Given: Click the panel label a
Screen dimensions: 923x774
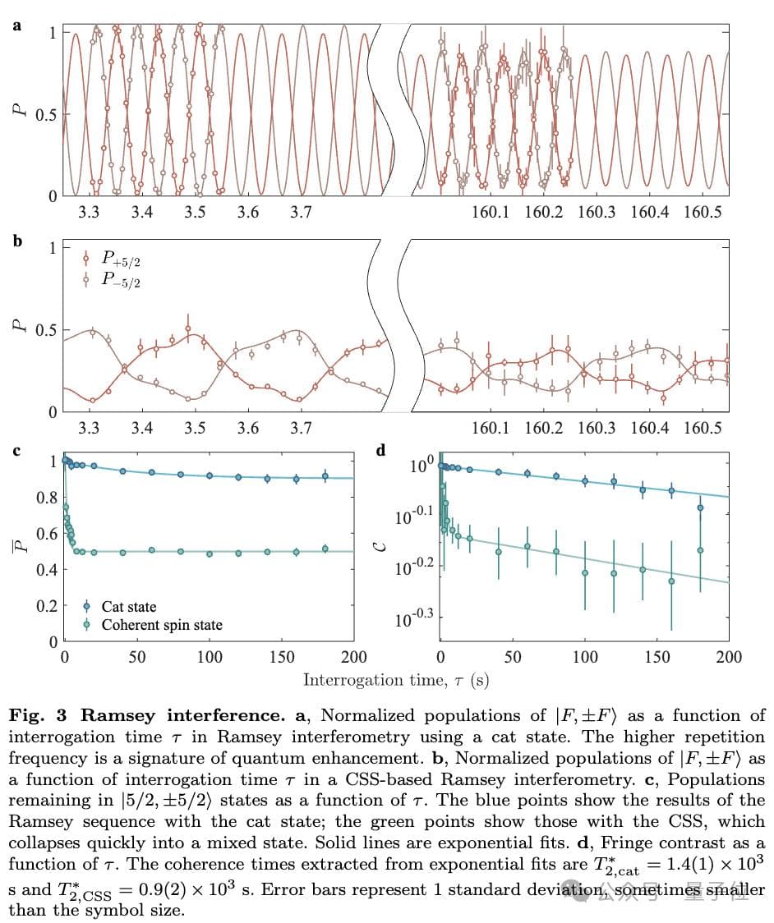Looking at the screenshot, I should [x=17, y=25].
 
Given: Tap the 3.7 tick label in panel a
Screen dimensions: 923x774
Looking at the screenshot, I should [x=301, y=213].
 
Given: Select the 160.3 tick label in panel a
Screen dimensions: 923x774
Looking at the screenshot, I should [x=597, y=213].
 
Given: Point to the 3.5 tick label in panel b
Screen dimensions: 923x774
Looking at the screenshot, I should [x=195, y=428].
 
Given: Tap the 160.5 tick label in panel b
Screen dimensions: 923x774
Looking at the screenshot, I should [x=703, y=428].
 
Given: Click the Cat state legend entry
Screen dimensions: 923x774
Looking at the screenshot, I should [x=129, y=607].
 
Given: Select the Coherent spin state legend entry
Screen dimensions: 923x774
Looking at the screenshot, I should [x=162, y=625].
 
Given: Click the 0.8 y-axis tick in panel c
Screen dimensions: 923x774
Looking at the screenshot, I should [x=48, y=498].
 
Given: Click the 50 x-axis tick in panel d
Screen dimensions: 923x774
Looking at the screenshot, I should [x=512, y=657].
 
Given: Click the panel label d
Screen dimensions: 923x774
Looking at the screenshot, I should [x=380, y=451].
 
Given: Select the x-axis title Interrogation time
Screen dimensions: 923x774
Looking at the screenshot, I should [x=397, y=680].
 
